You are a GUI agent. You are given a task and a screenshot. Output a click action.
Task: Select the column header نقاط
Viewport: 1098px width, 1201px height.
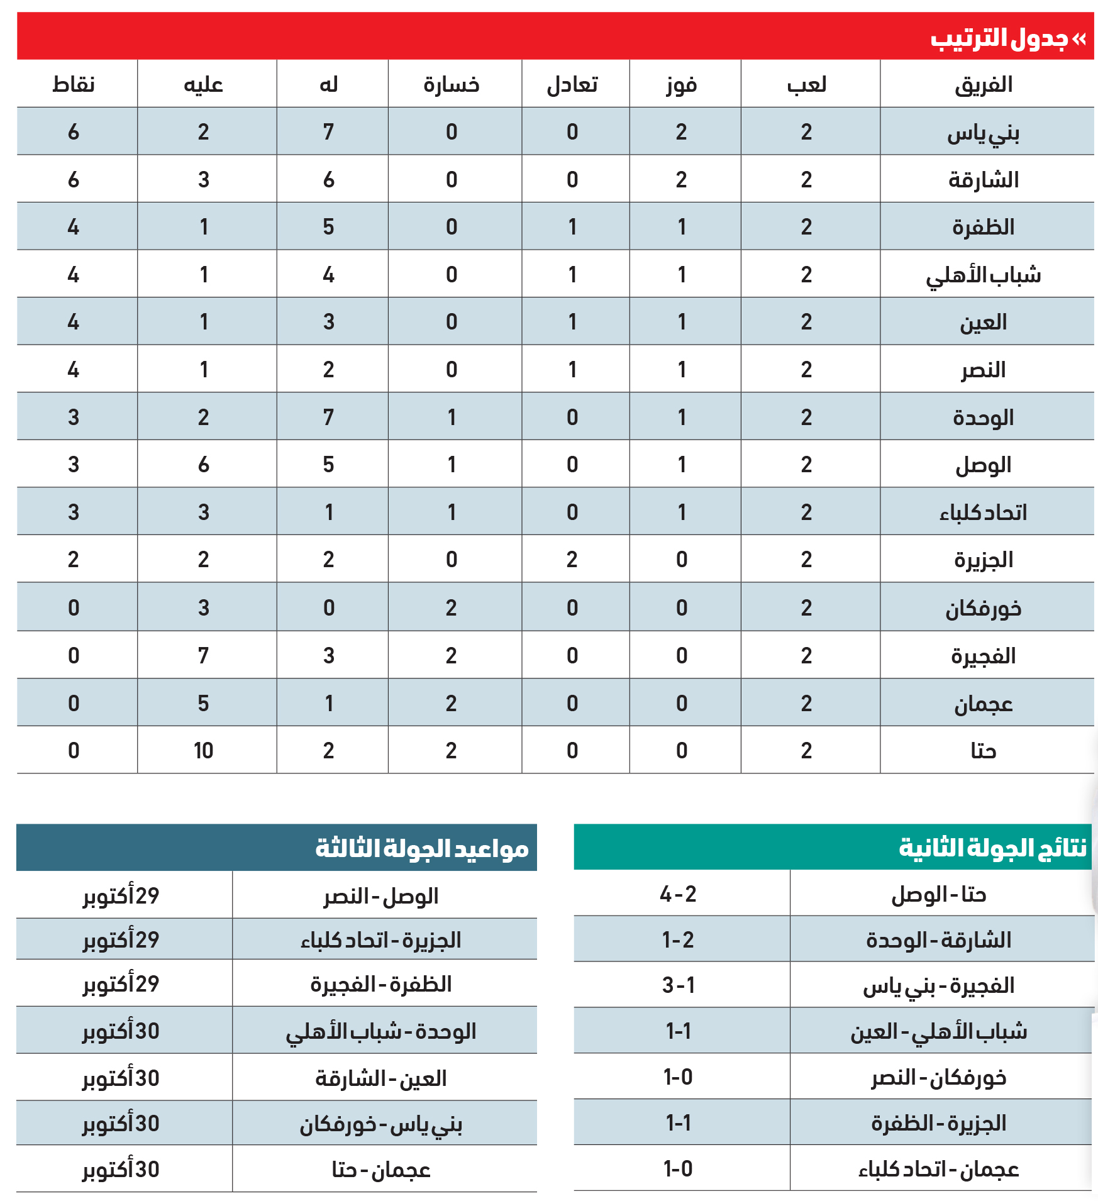point(74,84)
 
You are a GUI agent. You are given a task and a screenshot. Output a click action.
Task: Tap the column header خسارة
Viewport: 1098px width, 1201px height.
point(452,84)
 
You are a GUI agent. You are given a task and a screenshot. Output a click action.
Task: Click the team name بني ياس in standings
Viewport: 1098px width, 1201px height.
point(983,133)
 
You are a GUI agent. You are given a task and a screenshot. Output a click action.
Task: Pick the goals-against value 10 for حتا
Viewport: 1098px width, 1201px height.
point(203,750)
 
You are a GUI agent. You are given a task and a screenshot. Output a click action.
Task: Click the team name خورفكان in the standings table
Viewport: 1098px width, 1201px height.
point(983,608)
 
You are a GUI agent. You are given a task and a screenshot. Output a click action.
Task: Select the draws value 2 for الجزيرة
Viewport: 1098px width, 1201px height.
point(572,560)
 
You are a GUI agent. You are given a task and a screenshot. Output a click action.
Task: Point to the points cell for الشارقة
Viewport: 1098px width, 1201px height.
point(74,180)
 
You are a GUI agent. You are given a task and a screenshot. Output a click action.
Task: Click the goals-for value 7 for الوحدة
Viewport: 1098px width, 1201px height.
point(328,417)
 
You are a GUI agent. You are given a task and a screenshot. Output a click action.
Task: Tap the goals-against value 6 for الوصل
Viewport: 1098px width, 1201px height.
point(203,465)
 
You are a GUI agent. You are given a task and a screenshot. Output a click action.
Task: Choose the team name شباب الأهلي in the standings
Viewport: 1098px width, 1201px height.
point(983,275)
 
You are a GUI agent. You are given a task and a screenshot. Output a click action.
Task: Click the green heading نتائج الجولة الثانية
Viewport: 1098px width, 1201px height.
point(992,848)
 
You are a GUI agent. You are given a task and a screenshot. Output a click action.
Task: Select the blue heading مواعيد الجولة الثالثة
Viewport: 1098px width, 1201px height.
point(422,848)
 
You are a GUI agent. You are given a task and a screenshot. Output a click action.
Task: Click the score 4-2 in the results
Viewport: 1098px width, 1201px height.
point(678,894)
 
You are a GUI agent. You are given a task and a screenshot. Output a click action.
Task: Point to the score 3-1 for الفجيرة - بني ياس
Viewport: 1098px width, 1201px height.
point(678,985)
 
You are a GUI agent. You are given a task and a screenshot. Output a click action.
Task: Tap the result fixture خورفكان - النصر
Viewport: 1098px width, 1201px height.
point(938,1078)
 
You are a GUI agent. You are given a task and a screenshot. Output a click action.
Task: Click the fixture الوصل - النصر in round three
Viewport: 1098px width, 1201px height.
point(381,896)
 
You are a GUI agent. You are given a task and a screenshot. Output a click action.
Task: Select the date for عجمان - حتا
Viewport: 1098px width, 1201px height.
point(121,1170)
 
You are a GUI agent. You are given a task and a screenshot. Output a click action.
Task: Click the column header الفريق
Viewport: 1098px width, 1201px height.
point(983,84)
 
